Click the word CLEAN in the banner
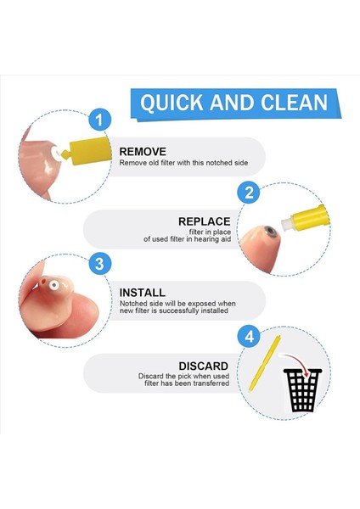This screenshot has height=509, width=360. tap(291, 103)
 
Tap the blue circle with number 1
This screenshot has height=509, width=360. tap(100, 120)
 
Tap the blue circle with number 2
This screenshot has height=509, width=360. tap(250, 192)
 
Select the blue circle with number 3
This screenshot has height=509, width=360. tap(100, 264)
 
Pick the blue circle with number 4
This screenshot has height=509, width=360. tap(250, 337)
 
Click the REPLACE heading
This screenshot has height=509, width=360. tap(205, 221)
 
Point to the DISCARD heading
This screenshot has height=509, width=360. tap(205, 366)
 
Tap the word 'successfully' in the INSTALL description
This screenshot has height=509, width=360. tap(183, 310)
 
